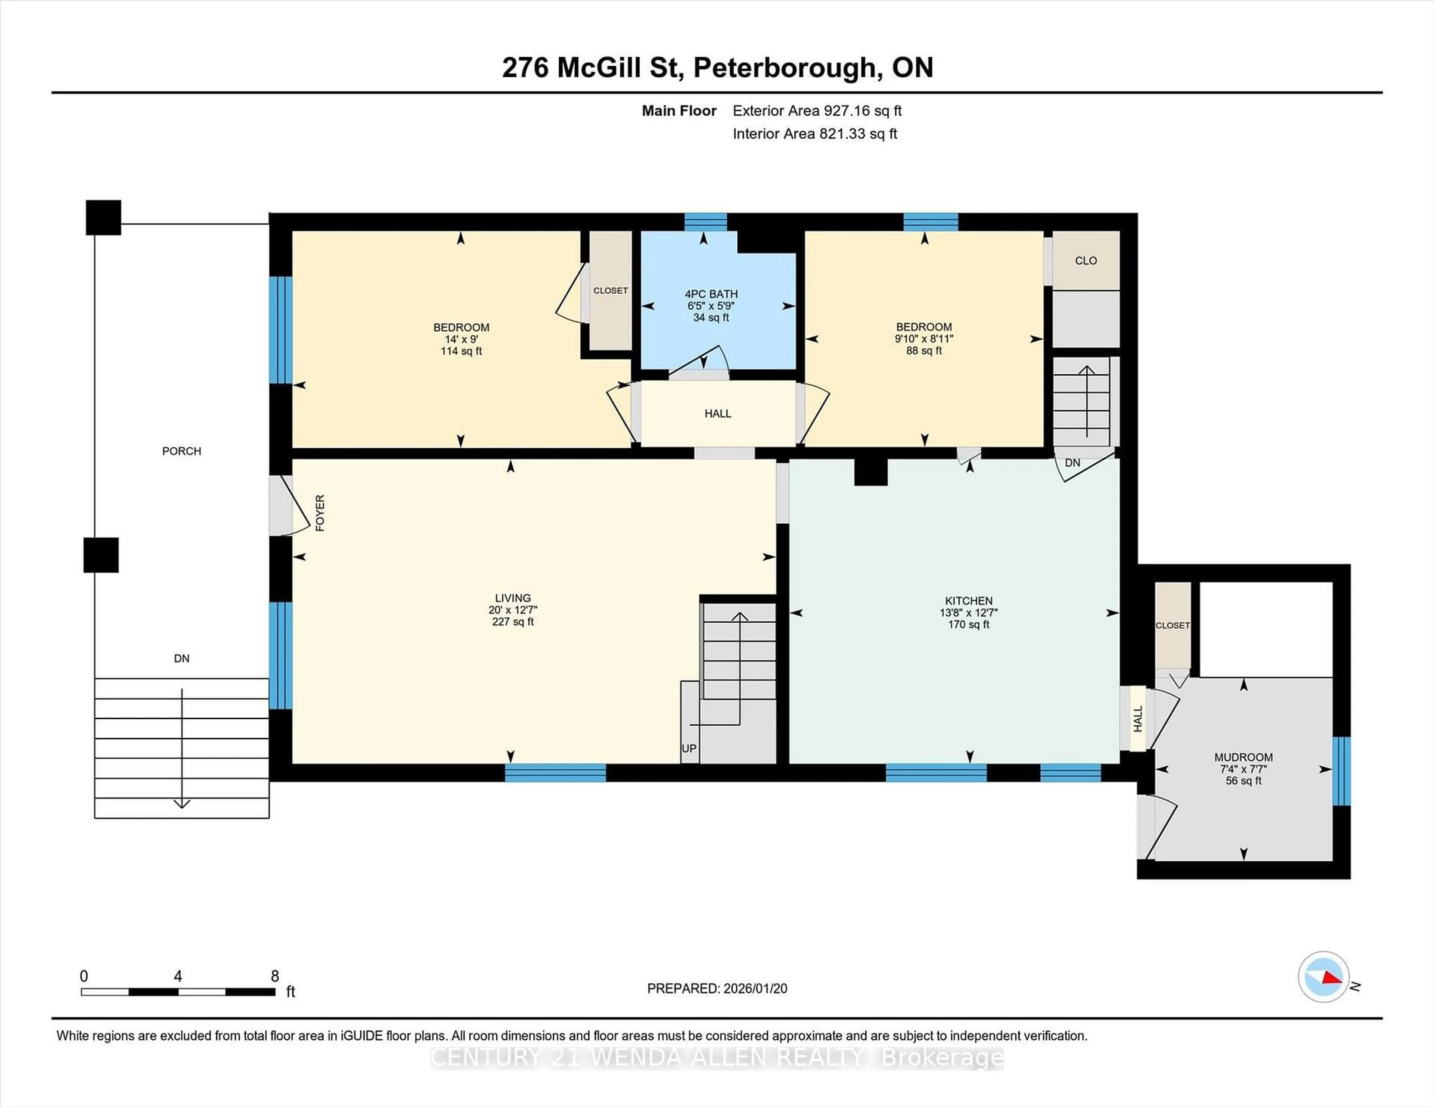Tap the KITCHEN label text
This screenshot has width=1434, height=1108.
pyautogui.click(x=968, y=601)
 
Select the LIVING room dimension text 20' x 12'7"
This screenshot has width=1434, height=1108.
pyautogui.click(x=513, y=610)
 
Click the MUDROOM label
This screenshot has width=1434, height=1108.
pyautogui.click(x=1243, y=757)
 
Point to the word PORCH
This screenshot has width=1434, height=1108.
pyautogui.click(x=182, y=451)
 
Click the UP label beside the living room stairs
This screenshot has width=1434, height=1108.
pyautogui.click(x=689, y=748)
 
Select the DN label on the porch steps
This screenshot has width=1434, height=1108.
pyautogui.click(x=182, y=659)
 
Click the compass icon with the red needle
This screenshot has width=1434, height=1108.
pyautogui.click(x=1323, y=977)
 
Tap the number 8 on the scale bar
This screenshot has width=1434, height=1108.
pyautogui.click(x=275, y=976)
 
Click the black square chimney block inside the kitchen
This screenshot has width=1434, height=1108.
pyautogui.click(x=870, y=471)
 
